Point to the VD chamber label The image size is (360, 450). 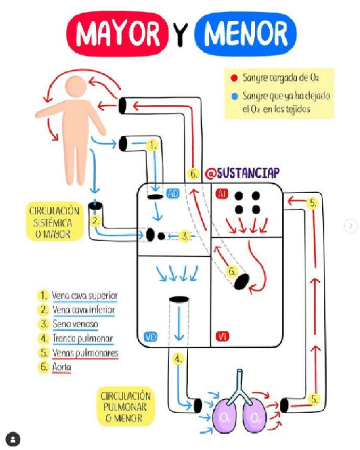point(150,337)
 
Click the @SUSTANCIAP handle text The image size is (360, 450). point(242,172)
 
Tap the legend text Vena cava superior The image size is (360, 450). point(84,295)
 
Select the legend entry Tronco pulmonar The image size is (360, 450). point(82,338)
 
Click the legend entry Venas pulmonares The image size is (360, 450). point(85,352)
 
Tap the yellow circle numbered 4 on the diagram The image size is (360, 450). point(178,359)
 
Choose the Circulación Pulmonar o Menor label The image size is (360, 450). point(126,407)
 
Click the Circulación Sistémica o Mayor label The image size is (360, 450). point(55,222)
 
